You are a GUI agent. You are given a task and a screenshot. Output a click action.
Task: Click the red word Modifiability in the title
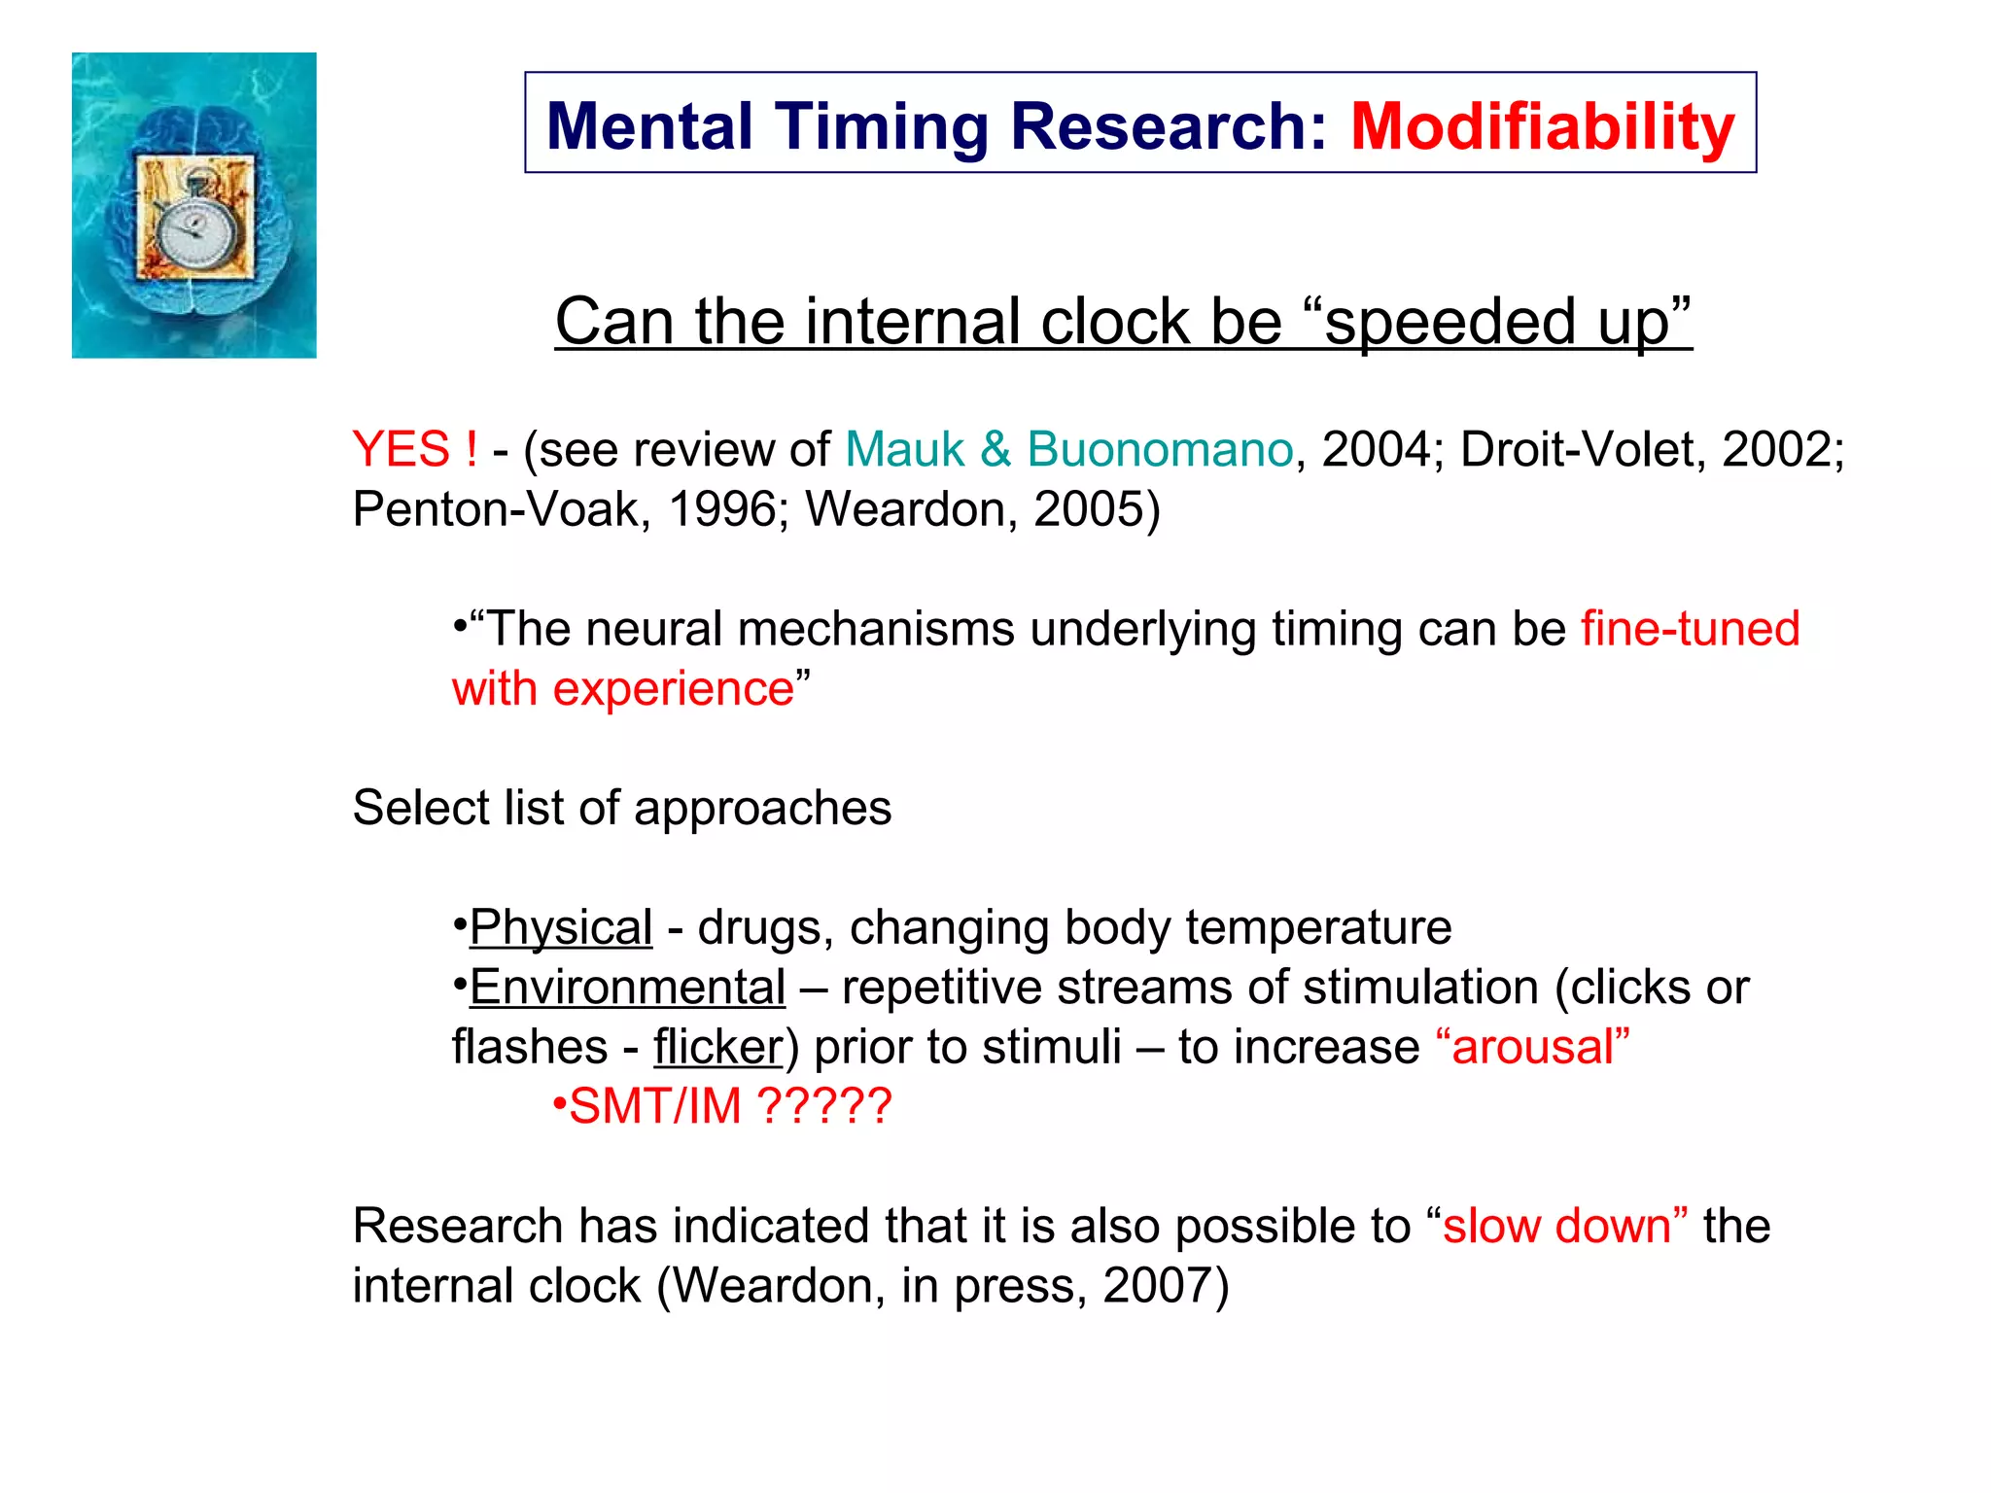click(x=1542, y=126)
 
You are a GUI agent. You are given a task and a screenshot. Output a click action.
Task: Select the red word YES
click(x=401, y=449)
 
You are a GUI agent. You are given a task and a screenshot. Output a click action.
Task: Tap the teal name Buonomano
click(x=1160, y=449)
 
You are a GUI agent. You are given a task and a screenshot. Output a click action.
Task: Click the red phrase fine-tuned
click(x=1690, y=629)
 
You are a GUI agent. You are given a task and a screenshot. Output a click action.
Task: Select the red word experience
click(x=674, y=689)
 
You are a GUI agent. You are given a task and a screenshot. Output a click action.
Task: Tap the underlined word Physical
click(x=561, y=927)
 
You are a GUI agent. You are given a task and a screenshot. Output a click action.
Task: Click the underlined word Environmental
click(x=628, y=988)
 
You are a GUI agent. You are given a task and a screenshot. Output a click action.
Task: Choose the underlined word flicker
click(x=717, y=1048)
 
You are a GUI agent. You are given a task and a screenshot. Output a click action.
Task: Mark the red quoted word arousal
click(x=1532, y=1048)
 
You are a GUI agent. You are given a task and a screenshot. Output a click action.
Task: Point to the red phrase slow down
click(x=1556, y=1227)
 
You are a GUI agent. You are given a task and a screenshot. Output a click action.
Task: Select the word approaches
click(x=763, y=809)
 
